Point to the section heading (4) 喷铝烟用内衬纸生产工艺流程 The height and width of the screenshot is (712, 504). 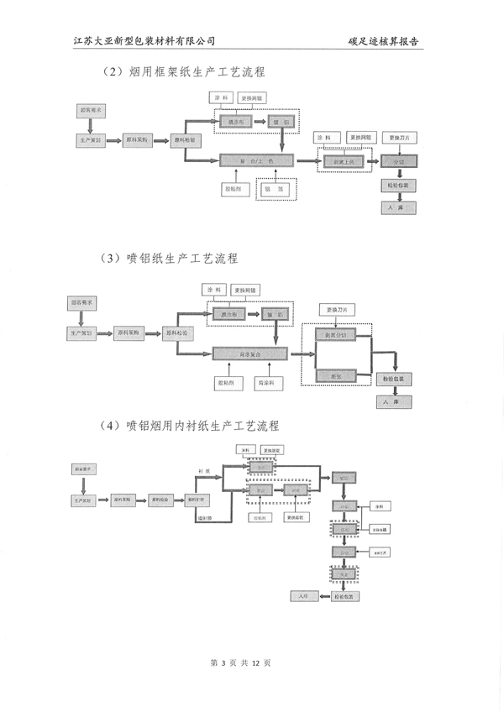pos(189,426)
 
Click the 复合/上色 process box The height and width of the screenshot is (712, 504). pos(258,160)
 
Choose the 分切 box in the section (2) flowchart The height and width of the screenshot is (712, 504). pos(398,160)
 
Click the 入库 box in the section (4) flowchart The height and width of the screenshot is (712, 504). pos(304,595)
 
